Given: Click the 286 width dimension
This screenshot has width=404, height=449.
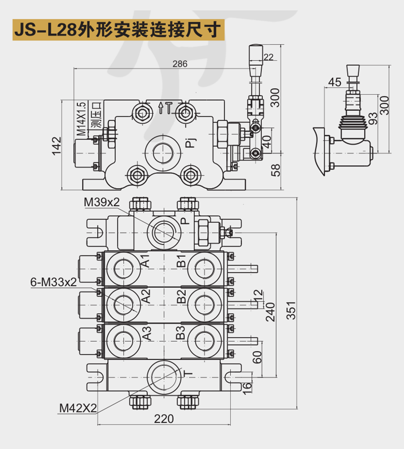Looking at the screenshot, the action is click(180, 64).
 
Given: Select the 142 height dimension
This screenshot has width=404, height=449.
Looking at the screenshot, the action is click(57, 146).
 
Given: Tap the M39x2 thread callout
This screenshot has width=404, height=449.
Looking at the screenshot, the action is click(101, 202).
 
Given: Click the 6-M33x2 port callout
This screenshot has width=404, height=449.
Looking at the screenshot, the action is click(53, 282).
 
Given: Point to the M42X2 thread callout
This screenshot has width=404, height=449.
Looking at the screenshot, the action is click(78, 408).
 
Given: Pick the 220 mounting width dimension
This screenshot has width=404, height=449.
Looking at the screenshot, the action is click(164, 418).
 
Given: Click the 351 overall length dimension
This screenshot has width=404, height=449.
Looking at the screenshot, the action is click(291, 310).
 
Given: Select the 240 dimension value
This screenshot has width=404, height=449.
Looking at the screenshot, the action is click(270, 312).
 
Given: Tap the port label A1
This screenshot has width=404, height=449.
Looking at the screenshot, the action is click(146, 260).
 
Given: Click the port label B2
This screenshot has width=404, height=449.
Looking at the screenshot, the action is click(181, 297).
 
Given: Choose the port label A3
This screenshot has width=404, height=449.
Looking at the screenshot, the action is click(147, 333).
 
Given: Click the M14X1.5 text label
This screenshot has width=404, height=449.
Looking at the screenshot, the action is click(82, 119).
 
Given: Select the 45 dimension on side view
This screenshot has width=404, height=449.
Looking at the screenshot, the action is click(334, 83).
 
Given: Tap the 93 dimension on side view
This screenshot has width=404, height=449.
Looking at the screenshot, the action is click(373, 119).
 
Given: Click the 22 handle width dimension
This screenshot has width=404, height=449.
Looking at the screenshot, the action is click(268, 57).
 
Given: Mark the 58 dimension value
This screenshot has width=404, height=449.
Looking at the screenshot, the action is click(275, 170).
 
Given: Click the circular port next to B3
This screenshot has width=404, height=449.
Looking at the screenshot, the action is click(204, 341).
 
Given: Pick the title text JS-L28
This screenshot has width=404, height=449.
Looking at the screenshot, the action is click(45, 30).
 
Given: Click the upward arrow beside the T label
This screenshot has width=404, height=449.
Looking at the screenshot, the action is click(161, 107).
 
